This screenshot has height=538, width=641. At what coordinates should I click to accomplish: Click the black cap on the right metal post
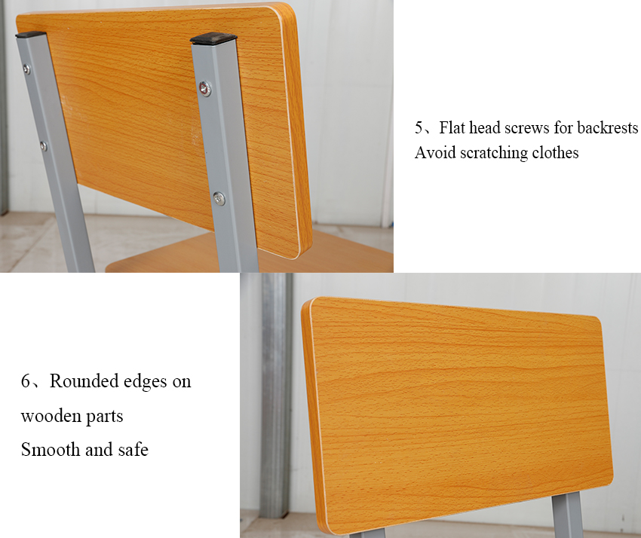point(213,38)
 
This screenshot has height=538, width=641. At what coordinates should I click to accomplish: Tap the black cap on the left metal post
point(30,35)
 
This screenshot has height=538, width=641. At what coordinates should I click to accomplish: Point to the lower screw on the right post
point(219,198)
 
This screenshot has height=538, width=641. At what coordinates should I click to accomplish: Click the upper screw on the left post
point(26,69)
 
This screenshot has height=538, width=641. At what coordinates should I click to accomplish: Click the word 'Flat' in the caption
point(452,127)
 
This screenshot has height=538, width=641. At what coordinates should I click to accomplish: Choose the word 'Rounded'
point(84,381)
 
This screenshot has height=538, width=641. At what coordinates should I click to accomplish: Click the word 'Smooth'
point(51,450)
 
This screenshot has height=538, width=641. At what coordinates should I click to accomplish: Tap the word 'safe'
point(133,450)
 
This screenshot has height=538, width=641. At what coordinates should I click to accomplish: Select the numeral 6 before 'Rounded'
point(26,381)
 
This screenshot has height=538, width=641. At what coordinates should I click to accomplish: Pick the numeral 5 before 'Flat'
point(419,127)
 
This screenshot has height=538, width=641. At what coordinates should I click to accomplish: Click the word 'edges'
point(145,382)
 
